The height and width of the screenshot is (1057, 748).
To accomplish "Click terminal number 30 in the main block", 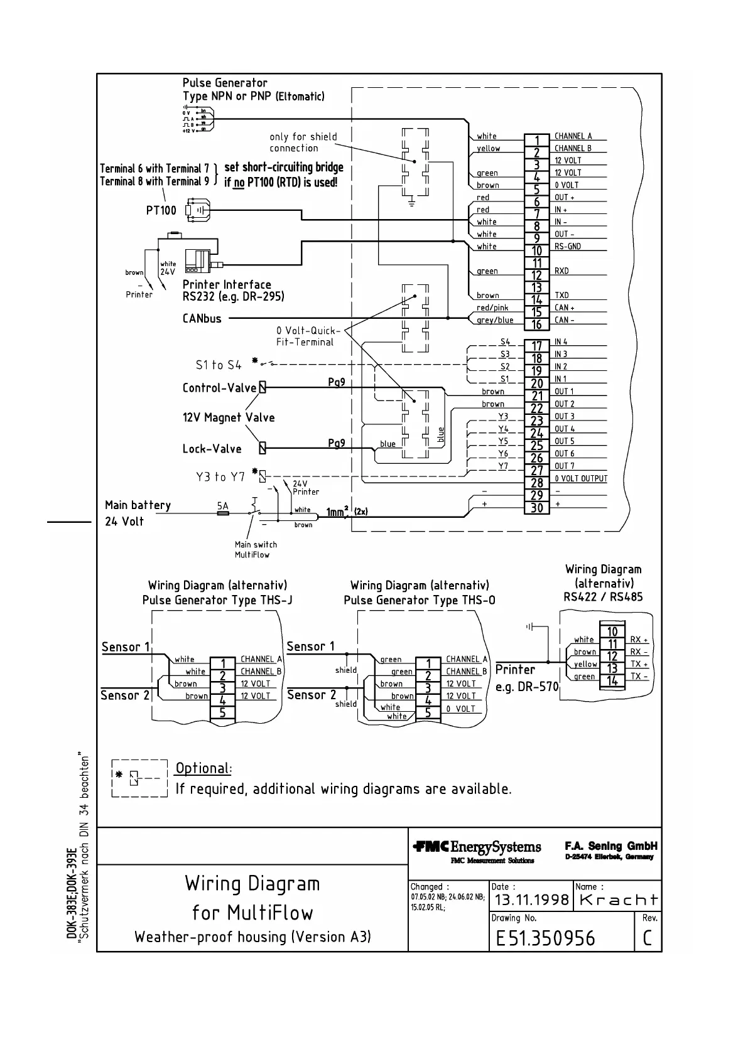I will coord(536,508).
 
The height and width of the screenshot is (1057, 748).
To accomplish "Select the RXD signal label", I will coord(561,271).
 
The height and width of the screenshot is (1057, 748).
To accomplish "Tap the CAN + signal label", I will coord(564,308).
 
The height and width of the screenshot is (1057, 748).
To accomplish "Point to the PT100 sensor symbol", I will coord(197,210).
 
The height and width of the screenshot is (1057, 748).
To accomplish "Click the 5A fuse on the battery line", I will coord(223,513).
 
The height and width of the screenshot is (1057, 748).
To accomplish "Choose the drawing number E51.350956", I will coord(545,938).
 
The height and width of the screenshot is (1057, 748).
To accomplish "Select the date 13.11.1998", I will coord(531,900).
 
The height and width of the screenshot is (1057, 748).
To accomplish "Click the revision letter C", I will coord(648,938).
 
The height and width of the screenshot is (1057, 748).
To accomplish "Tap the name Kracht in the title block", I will coord(618,900).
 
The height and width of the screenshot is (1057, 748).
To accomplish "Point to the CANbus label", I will coord(202,319).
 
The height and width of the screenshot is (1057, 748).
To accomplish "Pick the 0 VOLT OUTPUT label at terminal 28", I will coord(581,479).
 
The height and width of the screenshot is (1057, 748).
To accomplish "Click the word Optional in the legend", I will coord(203,768).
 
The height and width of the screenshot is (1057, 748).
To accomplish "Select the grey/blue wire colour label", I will coord(495,320).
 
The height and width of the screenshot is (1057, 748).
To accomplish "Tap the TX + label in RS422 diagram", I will coord(639,664).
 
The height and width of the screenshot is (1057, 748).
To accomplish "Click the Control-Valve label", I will coord(219,388).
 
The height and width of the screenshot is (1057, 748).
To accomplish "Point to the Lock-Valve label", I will coord(212,449).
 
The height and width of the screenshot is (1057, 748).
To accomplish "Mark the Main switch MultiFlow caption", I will coord(256,550).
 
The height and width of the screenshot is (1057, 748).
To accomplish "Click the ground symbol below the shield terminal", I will coord(411,202).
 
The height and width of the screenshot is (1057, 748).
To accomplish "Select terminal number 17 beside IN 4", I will coord(536,346).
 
